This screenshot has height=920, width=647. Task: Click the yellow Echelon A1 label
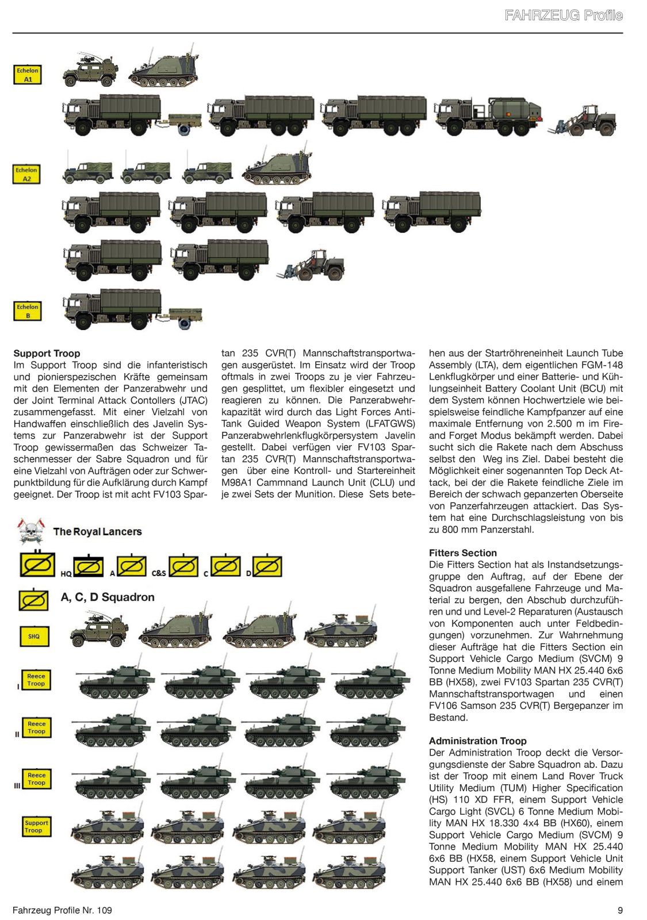[28, 75]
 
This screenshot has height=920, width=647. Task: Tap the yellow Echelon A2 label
[26, 174]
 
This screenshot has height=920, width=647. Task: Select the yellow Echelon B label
[28, 311]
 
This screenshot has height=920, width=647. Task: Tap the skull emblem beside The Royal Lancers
[32, 531]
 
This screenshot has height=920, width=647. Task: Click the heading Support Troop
[47, 354]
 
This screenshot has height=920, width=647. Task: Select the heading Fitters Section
[463, 553]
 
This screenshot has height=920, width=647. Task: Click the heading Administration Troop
[478, 741]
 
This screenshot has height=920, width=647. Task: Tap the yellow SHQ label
[34, 636]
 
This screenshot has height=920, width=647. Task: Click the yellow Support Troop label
[36, 826]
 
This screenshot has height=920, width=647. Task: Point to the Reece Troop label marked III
[36, 779]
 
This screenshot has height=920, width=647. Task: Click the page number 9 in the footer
[620, 910]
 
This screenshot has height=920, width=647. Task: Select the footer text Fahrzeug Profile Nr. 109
[62, 910]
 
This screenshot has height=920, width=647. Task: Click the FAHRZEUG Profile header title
[563, 16]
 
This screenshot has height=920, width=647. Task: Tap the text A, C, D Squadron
[108, 597]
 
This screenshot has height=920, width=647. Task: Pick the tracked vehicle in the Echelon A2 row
[277, 167]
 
